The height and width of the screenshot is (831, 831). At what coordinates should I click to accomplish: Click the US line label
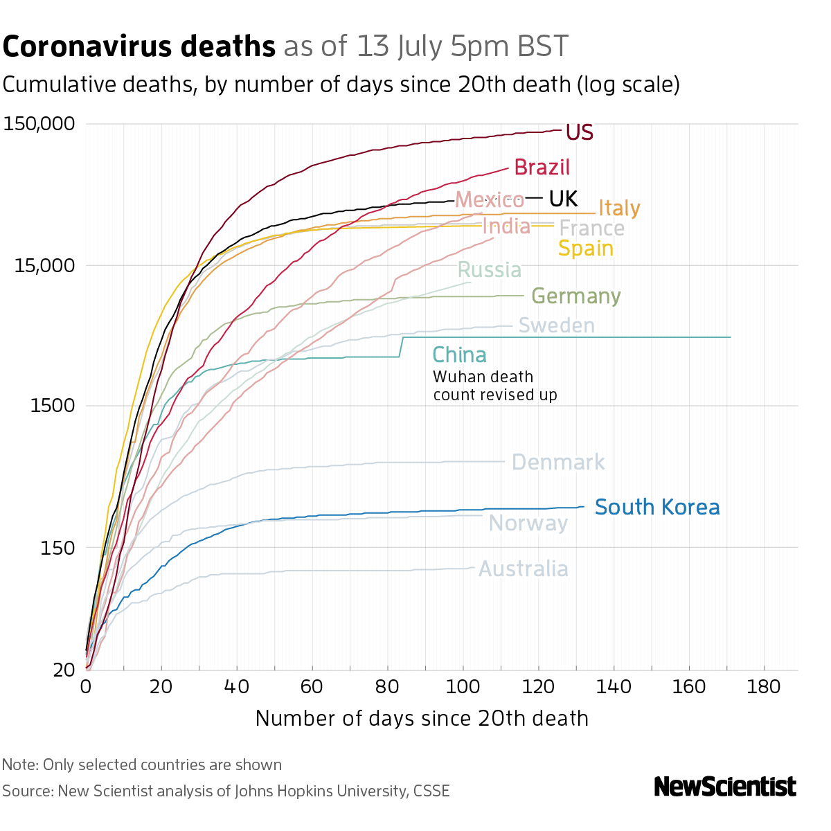tap(579, 132)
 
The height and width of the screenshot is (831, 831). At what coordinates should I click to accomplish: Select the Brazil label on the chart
tap(542, 168)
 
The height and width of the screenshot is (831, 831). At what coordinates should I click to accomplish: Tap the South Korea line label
tap(656, 508)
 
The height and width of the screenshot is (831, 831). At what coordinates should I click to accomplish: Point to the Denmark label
tap(558, 463)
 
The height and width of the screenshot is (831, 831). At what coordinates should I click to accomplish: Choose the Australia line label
tap(524, 569)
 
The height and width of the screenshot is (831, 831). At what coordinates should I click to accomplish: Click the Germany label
tap(575, 296)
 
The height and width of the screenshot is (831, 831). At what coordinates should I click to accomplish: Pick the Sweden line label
tap(556, 325)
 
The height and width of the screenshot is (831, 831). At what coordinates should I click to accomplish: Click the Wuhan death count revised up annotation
tap(494, 386)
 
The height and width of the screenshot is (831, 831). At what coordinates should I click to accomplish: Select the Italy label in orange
tap(619, 208)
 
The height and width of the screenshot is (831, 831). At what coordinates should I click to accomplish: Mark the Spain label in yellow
tap(585, 249)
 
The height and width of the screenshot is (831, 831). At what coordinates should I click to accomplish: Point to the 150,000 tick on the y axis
tap(39, 125)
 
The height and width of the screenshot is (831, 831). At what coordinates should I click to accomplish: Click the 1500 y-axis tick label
tap(53, 406)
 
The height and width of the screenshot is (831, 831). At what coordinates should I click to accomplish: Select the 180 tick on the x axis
tap(765, 687)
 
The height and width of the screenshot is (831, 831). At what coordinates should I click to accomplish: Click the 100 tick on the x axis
tap(463, 687)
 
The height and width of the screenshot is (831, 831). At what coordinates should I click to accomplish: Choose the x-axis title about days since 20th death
tap(422, 718)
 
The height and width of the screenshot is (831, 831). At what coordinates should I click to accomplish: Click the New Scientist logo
tap(725, 787)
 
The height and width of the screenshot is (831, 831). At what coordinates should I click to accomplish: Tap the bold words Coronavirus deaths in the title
tap(139, 47)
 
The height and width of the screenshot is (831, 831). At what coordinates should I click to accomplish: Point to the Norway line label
tap(528, 524)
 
